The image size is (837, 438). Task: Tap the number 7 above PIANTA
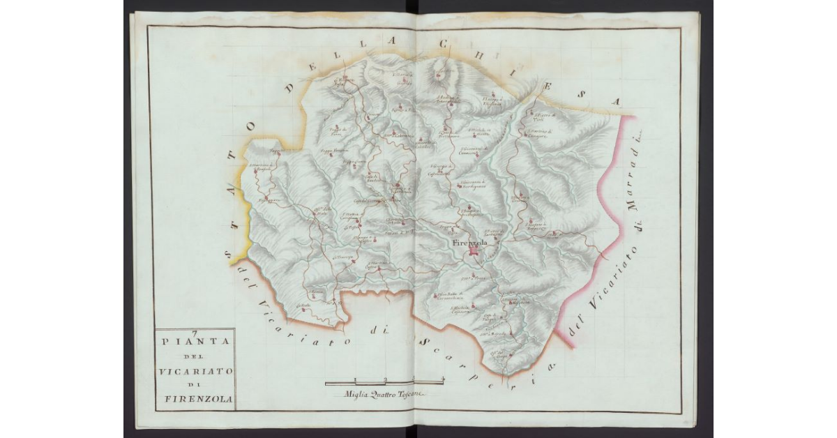[x=195, y=333]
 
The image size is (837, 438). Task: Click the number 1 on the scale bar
[x=355, y=379]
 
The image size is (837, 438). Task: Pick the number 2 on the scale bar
[x=384, y=379]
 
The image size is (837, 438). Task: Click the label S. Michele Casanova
[x=462, y=309]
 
